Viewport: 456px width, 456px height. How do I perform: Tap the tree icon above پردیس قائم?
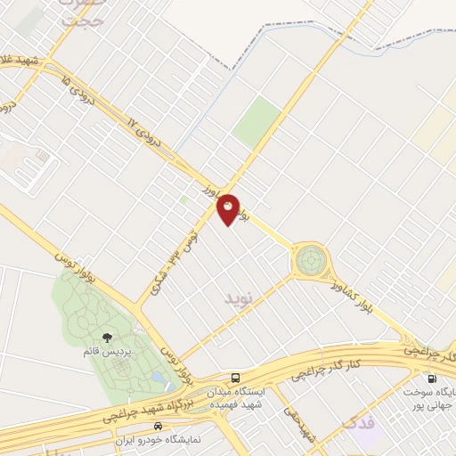tap(108, 337)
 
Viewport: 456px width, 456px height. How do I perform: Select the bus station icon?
tap(235, 376)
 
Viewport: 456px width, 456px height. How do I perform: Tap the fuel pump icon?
tap(432, 378)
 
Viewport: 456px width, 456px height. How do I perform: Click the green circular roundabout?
tap(310, 261)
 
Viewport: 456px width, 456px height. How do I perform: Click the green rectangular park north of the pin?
tap(256, 121)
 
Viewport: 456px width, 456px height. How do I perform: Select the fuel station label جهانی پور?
tap(434, 400)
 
